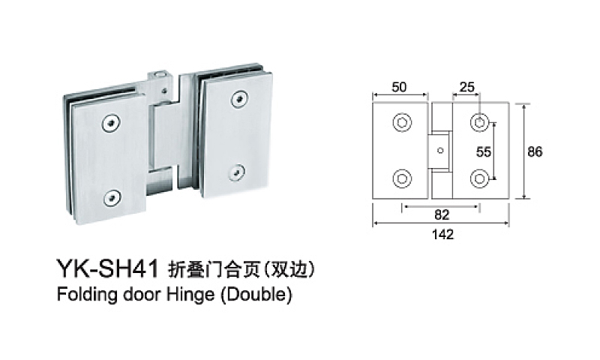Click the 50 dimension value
(399, 87)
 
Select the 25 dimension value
(466, 87)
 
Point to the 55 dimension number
(483, 152)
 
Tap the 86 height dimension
(535, 152)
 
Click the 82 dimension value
(442, 215)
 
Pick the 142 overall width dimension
(442, 234)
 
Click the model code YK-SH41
(107, 268)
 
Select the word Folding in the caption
(87, 295)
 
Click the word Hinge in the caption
(190, 295)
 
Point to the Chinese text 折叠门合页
(214, 269)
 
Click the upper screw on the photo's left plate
(110, 123)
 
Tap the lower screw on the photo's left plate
(112, 198)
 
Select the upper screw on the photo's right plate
(239, 99)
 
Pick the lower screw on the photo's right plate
(237, 172)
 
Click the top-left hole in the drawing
(402, 123)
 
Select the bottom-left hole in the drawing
(402, 178)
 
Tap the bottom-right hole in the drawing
(479, 178)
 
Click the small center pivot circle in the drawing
(440, 151)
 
